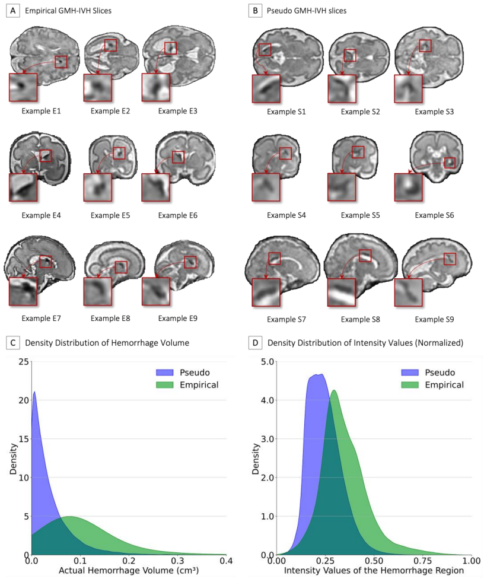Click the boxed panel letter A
click(x=13, y=11)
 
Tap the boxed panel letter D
click(x=255, y=343)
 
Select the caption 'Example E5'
click(x=110, y=215)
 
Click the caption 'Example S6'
click(x=434, y=215)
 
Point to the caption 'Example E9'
click(x=177, y=319)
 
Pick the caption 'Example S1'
click(x=286, y=112)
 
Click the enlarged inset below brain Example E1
click(x=23, y=87)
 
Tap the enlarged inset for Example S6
click(x=408, y=187)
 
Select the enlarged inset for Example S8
click(x=342, y=292)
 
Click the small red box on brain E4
click(x=46, y=156)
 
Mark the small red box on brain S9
click(x=450, y=259)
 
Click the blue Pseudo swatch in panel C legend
click(x=164, y=372)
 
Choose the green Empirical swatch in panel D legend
click(x=410, y=385)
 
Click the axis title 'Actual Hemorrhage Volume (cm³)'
click(x=129, y=571)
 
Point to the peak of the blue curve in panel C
click(x=34, y=392)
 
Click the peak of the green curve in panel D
click(x=334, y=390)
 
